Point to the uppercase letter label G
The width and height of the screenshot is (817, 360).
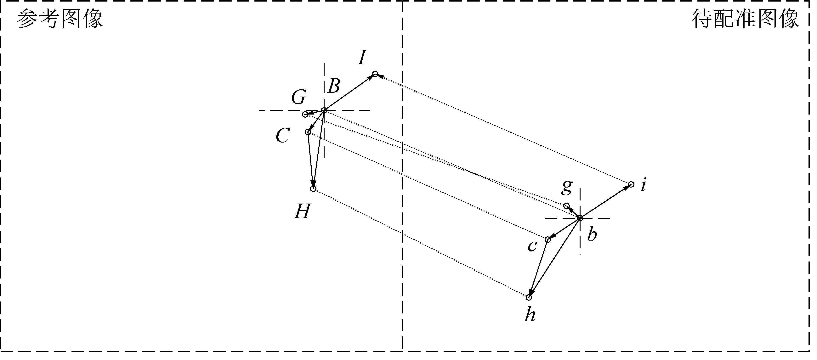pyautogui.click(x=299, y=97)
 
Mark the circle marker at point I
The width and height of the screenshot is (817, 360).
pyautogui.click(x=375, y=74)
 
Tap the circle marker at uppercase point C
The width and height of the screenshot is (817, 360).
pyautogui.click(x=308, y=132)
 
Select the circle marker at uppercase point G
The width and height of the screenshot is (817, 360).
pyautogui.click(x=305, y=114)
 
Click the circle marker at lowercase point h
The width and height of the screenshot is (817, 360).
pyautogui.click(x=528, y=297)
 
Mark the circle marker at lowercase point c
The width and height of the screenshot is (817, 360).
pyautogui.click(x=548, y=239)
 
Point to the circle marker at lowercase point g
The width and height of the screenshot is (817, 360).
pyautogui.click(x=566, y=206)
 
